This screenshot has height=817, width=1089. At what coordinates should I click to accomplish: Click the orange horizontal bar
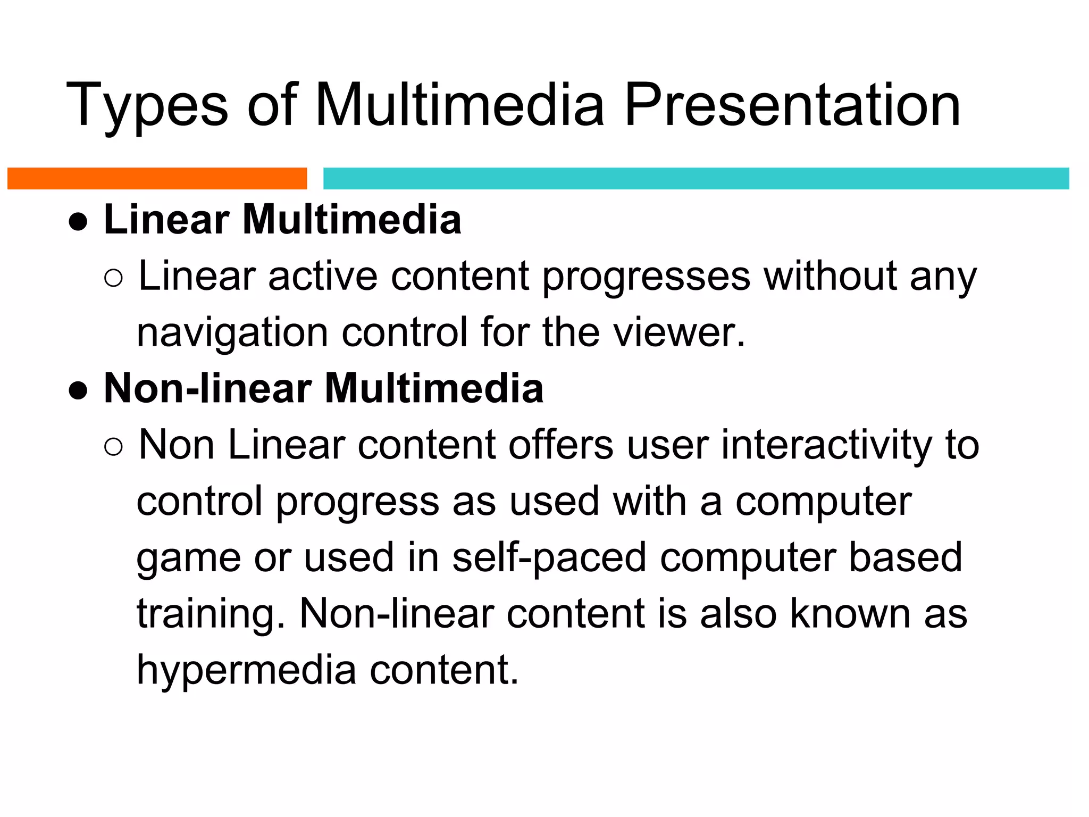157,179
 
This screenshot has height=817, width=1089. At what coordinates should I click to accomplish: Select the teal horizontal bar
696,179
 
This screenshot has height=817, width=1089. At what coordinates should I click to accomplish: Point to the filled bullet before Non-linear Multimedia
78,390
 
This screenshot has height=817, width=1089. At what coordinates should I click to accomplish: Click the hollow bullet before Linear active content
113,278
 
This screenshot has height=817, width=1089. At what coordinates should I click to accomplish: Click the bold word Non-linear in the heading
208,388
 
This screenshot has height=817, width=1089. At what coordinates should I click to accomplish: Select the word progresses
646,278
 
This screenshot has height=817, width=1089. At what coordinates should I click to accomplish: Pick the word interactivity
826,445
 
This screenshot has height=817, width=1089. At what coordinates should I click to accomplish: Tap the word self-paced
549,558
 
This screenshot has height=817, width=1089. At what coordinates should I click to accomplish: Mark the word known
850,614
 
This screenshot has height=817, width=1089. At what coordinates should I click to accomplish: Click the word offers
560,445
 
